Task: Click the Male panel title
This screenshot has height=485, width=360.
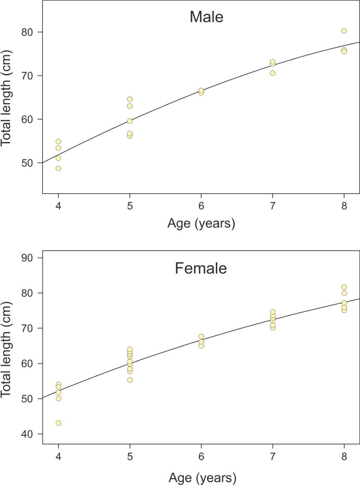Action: click(206, 17)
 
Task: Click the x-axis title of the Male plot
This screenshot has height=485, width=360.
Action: click(201, 224)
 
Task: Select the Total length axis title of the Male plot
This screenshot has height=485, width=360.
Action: click(7, 97)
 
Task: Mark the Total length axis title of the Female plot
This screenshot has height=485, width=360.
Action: click(7, 348)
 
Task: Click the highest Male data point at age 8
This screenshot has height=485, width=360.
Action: click(344, 31)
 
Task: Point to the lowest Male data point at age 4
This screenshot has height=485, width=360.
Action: click(58, 169)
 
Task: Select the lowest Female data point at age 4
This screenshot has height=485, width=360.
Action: click(58, 423)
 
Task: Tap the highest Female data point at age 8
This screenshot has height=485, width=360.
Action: click(344, 287)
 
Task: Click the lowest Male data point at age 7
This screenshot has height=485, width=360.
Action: click(272, 73)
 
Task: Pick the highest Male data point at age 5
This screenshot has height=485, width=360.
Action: click(130, 99)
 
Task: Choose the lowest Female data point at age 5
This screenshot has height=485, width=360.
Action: click(130, 380)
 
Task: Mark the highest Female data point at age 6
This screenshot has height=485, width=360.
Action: click(201, 336)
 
